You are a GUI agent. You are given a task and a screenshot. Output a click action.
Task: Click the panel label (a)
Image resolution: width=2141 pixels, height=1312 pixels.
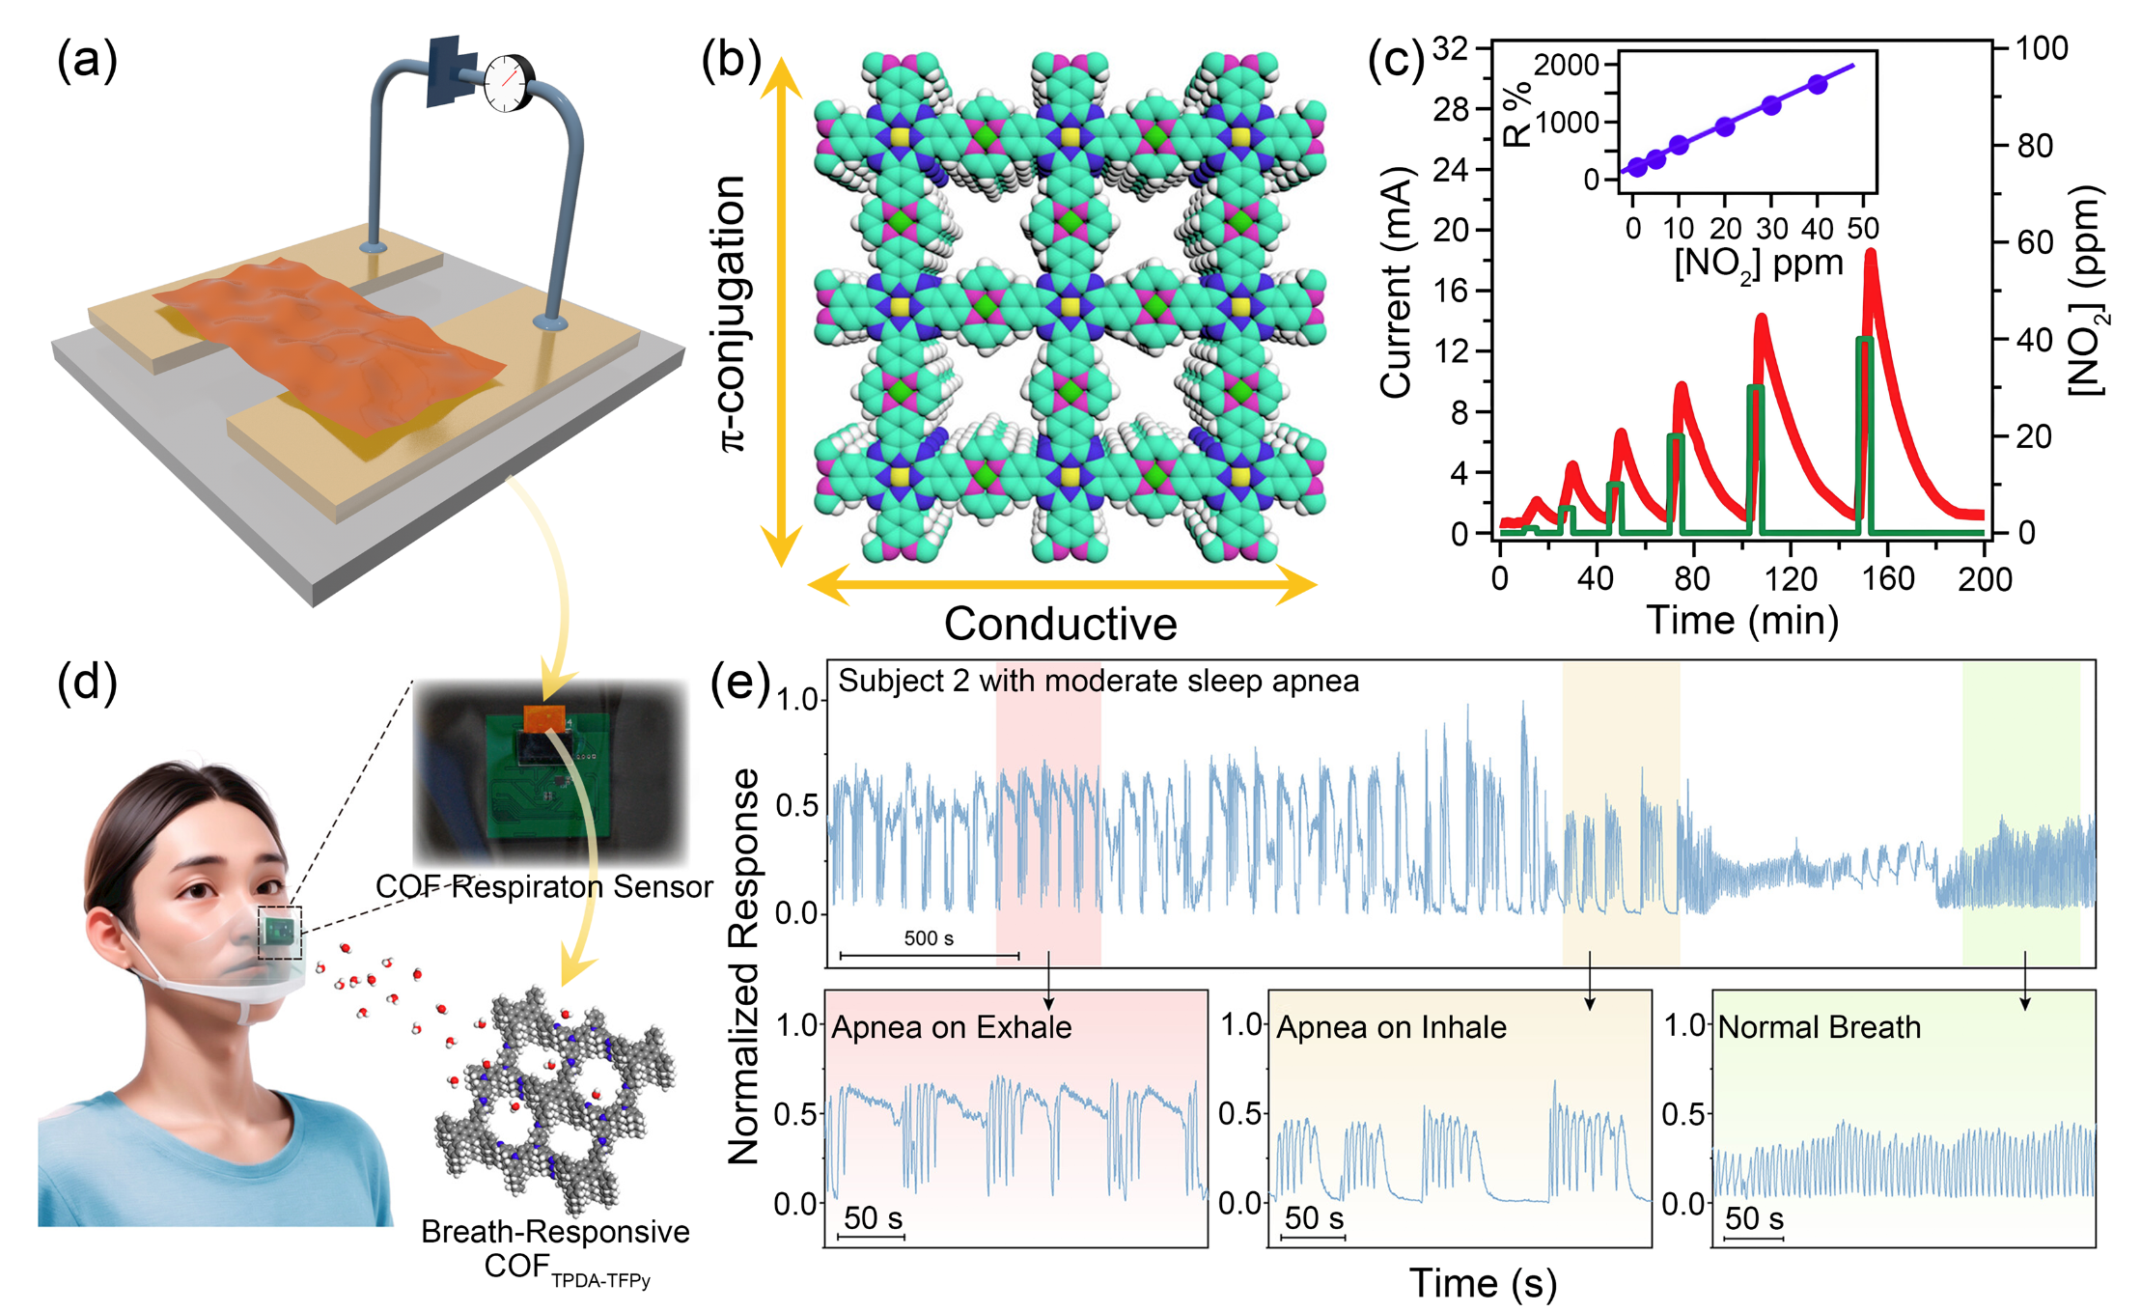(87, 61)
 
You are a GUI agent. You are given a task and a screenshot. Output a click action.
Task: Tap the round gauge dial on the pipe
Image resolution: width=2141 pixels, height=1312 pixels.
(506, 84)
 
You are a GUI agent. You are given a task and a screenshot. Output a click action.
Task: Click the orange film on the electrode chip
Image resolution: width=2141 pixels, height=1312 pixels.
(338, 338)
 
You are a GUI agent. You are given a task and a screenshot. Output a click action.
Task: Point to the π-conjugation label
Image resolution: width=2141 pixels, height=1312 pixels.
(734, 314)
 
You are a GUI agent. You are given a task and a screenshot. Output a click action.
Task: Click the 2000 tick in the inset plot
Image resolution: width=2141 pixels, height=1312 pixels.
(1566, 66)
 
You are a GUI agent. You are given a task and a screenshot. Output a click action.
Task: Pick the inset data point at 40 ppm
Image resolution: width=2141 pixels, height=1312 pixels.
(1818, 85)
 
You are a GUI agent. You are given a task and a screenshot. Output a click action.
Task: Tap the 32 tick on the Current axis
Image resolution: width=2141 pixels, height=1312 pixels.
(1450, 48)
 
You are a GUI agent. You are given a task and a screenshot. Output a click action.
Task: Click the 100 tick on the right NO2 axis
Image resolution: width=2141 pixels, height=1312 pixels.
(2043, 48)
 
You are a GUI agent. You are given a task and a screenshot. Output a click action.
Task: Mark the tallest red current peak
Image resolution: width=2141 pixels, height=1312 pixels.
(1871, 257)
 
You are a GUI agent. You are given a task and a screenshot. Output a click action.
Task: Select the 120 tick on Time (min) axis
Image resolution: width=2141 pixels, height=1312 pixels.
(1791, 579)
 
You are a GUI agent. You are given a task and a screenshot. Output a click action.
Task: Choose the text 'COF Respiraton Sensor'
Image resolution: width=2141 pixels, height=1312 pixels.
(543, 886)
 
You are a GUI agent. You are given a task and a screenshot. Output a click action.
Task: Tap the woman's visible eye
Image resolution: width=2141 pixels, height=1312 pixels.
(200, 890)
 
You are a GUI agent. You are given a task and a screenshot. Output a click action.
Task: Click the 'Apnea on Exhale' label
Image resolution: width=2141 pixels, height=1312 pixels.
(951, 1027)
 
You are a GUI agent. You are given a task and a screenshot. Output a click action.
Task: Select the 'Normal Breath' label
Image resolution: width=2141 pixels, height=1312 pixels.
(1819, 1027)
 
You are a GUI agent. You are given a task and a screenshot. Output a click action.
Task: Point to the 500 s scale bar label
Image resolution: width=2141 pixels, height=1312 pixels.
(929, 938)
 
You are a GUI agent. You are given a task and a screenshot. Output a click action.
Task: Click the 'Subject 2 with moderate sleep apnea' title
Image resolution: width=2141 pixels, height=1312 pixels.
(1098, 682)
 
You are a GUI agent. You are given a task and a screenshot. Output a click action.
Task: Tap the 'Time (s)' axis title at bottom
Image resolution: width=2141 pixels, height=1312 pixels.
(1483, 1283)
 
